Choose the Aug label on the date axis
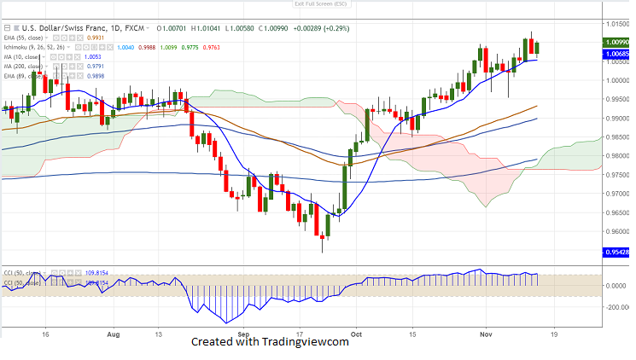click(x=113, y=335)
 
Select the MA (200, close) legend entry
click(x=25, y=66)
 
